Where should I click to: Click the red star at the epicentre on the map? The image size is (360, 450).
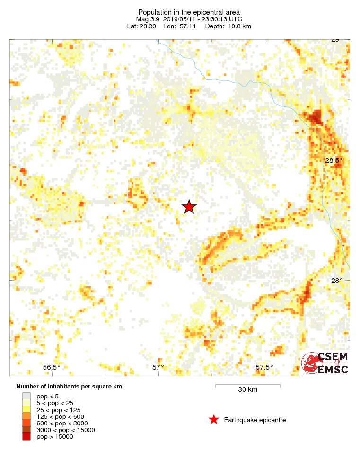[x=189, y=207]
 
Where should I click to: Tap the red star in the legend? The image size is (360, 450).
[x=213, y=419]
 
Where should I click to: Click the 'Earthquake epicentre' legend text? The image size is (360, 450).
[x=255, y=420]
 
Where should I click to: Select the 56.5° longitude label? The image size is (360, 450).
[x=52, y=367]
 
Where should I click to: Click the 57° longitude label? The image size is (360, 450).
[x=158, y=367]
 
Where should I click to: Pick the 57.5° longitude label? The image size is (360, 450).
[x=264, y=367]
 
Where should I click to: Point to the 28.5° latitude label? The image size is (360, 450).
[x=334, y=160]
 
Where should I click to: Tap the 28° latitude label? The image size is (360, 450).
[x=336, y=281]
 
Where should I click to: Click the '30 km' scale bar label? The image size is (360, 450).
[x=247, y=390]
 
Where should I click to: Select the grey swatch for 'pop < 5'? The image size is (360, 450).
[x=26, y=396]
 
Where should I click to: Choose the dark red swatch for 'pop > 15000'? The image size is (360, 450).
[x=26, y=437]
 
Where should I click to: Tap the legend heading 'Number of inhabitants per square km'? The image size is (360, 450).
[x=69, y=387]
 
